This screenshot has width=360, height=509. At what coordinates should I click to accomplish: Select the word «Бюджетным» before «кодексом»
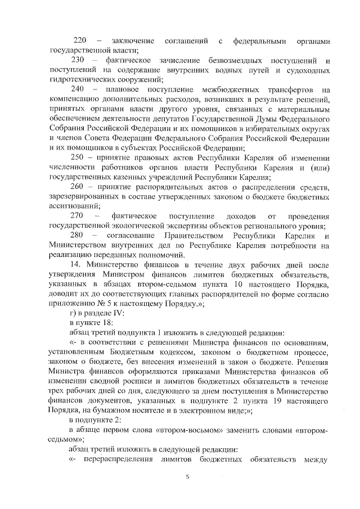click(x=133, y=352)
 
